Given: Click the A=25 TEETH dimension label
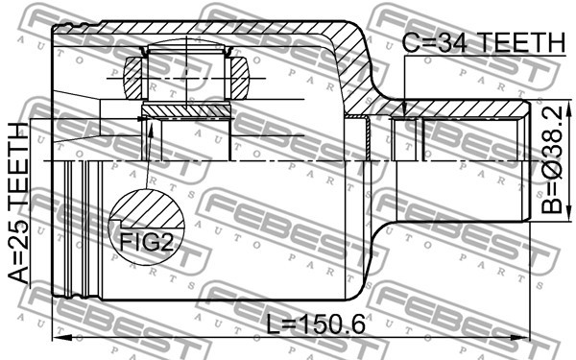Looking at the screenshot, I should pyautogui.click(x=20, y=202).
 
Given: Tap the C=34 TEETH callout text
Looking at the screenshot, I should pyautogui.click(x=483, y=41).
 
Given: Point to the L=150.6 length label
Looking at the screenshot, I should pyautogui.click(x=318, y=324).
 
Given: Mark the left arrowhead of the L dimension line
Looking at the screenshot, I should pyautogui.click(x=57, y=337).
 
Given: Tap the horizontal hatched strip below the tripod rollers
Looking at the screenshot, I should pyautogui.click(x=187, y=111).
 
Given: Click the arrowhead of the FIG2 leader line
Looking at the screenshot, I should pyautogui.click(x=151, y=122).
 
